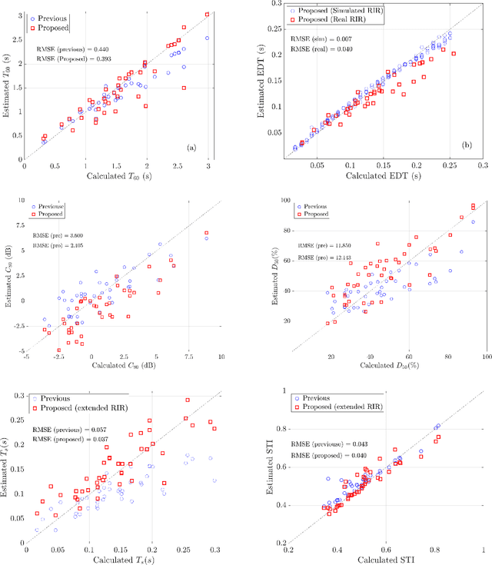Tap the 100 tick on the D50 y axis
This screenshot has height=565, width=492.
pyautogui.click(x=306, y=200)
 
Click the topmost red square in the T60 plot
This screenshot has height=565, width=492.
pyautogui.click(x=207, y=14)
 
